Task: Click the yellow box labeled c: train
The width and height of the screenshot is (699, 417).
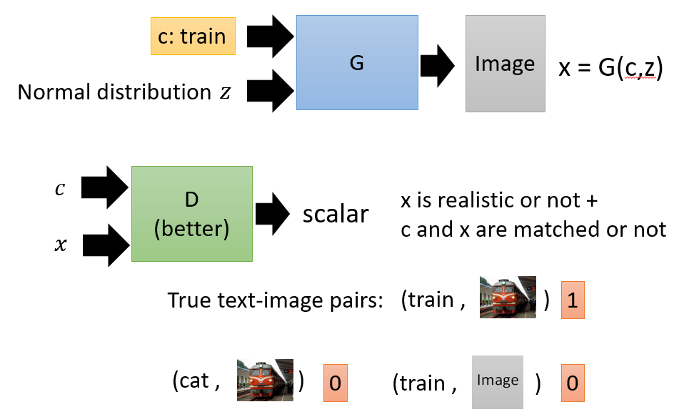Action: (193, 36)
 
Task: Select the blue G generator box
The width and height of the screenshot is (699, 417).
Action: (357, 62)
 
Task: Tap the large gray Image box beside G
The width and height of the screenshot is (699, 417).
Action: (505, 64)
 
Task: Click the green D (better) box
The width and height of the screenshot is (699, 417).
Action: (191, 214)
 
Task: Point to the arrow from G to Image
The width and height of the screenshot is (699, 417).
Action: (437, 66)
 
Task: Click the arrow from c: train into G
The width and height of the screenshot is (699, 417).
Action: (270, 36)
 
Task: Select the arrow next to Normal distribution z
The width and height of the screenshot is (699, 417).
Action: (270, 91)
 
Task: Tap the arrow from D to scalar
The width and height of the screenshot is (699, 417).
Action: (272, 214)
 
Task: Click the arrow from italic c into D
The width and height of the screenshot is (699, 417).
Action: (105, 187)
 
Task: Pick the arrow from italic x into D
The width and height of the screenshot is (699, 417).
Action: (106, 245)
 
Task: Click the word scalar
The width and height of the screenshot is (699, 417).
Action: (336, 215)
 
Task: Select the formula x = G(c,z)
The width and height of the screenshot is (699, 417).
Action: (610, 67)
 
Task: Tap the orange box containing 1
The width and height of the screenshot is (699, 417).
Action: (573, 300)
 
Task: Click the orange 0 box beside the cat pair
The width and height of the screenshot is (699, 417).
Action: (336, 383)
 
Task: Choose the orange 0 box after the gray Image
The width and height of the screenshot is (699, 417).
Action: (573, 383)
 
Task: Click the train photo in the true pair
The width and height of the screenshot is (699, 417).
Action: (508, 298)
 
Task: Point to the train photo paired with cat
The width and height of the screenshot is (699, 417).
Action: (265, 380)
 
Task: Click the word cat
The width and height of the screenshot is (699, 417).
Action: (193, 381)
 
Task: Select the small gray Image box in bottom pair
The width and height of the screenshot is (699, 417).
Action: (498, 382)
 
